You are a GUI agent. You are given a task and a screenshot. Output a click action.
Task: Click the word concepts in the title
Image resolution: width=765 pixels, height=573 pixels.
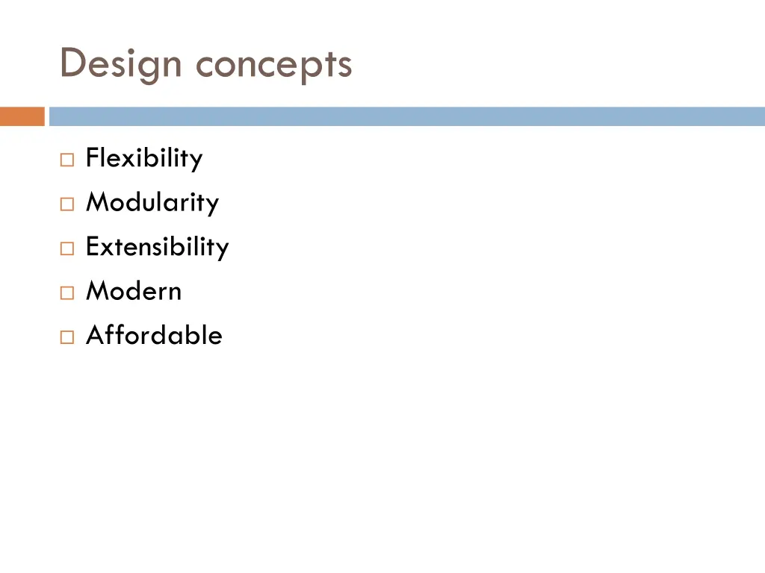pyautogui.click(x=273, y=66)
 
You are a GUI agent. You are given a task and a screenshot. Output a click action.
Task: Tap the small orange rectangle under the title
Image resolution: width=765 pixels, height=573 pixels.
pyautogui.click(x=22, y=116)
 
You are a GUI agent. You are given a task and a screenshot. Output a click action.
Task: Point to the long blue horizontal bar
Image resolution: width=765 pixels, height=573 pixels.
pyautogui.click(x=407, y=116)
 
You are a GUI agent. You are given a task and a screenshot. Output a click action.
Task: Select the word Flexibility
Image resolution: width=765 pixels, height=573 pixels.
pyautogui.click(x=144, y=158)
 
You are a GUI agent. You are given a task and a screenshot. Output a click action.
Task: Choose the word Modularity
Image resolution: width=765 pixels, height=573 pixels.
pyautogui.click(x=152, y=202)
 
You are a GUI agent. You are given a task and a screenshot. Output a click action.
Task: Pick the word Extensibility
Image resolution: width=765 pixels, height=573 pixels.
pyautogui.click(x=157, y=246)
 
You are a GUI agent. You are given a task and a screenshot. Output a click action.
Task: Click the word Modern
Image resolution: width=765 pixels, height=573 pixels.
pyautogui.click(x=134, y=290)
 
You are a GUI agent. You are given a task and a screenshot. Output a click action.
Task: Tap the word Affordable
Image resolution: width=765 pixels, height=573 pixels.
pyautogui.click(x=154, y=334)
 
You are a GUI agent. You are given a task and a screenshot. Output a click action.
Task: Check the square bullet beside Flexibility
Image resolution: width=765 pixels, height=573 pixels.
pyautogui.click(x=67, y=160)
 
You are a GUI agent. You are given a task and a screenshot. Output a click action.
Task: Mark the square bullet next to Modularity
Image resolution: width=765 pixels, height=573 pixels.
pyautogui.click(x=67, y=204)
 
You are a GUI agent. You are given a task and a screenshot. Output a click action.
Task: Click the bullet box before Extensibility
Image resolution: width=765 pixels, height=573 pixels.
pyautogui.click(x=67, y=248)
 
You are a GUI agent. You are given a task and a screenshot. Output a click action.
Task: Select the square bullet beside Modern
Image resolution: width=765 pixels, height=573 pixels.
pyautogui.click(x=67, y=292)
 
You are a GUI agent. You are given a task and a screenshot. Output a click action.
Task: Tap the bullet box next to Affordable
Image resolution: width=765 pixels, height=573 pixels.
pyautogui.click(x=67, y=336)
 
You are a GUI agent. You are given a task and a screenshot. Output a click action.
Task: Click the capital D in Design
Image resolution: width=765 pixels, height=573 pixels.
pyautogui.click(x=72, y=63)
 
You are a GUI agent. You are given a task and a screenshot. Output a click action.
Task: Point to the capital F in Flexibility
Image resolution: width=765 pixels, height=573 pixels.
pyautogui.click(x=92, y=158)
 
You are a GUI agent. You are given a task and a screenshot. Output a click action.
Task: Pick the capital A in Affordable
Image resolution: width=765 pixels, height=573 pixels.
pyautogui.click(x=94, y=335)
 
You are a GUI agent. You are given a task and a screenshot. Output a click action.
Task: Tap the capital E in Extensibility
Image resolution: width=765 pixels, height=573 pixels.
pyautogui.click(x=92, y=246)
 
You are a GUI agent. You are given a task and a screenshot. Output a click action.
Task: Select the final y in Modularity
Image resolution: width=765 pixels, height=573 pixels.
pyautogui.click(x=213, y=205)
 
